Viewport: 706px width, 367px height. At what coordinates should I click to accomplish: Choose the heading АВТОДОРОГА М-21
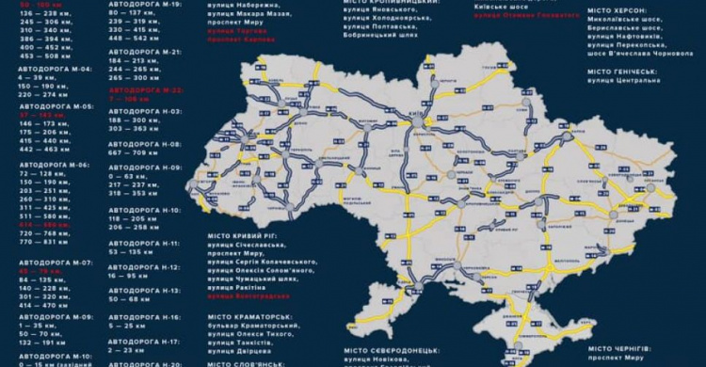145,51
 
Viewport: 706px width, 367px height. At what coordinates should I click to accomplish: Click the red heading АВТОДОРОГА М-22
145,88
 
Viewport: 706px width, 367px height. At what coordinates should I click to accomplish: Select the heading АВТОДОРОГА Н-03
145,109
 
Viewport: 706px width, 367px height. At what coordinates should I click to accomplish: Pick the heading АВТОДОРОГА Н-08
145,143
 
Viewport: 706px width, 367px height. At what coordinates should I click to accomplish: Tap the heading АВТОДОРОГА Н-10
145,209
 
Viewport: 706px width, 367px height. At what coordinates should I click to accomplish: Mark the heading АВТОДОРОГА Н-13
145,291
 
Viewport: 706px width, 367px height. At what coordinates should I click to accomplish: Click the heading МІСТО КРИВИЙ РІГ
246,234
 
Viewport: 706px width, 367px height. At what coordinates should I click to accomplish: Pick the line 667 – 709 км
134,152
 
